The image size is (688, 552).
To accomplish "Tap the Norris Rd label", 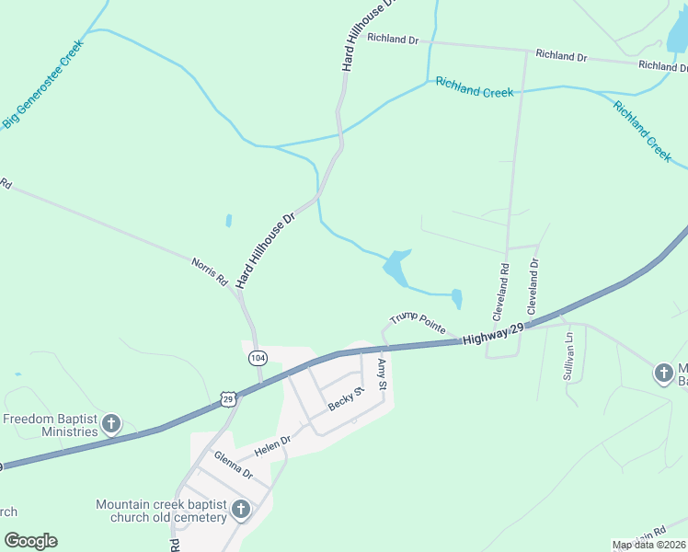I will point(209,273).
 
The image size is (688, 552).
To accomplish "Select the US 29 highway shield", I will point(229,397).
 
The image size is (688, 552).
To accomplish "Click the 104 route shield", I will point(258,357).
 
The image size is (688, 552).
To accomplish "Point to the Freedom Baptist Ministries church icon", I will point(110,424).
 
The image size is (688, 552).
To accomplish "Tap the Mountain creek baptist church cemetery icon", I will point(241,509).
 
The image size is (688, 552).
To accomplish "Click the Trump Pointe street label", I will point(418,322).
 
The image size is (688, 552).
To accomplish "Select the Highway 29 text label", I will point(493,335).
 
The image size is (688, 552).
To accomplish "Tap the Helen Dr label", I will point(272,445).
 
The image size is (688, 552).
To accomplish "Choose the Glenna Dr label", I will point(233,466).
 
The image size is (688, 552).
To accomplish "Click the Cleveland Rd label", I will point(501,292).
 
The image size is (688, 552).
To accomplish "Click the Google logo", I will point(30,541).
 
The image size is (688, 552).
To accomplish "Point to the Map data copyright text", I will point(649,546).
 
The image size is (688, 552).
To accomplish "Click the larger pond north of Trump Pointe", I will point(396,267).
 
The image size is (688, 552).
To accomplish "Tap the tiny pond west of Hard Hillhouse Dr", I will point(228,221).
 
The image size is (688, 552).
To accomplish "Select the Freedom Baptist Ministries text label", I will point(50,425).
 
